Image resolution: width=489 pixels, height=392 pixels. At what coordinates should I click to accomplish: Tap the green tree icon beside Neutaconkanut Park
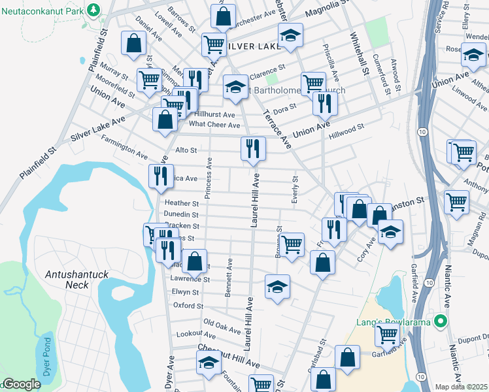[x=94, y=10]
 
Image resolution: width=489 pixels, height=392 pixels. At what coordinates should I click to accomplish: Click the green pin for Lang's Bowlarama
[x=441, y=321]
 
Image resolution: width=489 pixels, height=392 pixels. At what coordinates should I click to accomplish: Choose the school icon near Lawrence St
[x=277, y=287]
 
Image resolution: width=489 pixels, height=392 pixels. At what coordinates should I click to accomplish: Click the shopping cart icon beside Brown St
[x=292, y=244]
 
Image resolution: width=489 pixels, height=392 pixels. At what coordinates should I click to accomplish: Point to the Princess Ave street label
[x=209, y=178]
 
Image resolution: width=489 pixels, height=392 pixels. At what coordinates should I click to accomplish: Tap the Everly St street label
[x=295, y=189]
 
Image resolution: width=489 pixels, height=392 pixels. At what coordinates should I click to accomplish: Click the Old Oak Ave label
[x=222, y=323]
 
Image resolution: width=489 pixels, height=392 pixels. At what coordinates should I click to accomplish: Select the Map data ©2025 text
[x=461, y=387]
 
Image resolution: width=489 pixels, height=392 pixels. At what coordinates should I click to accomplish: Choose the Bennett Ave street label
[x=229, y=278]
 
